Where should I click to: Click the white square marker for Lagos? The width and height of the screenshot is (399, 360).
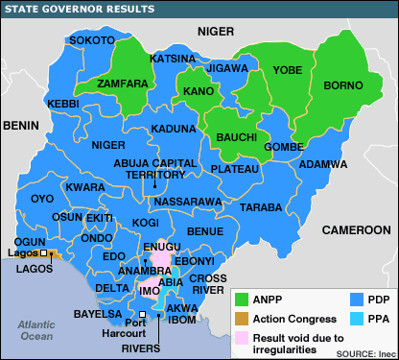click(43, 253)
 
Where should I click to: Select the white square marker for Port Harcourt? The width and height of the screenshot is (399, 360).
click(143, 314)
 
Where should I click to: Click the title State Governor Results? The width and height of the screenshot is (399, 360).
click(79, 9)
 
